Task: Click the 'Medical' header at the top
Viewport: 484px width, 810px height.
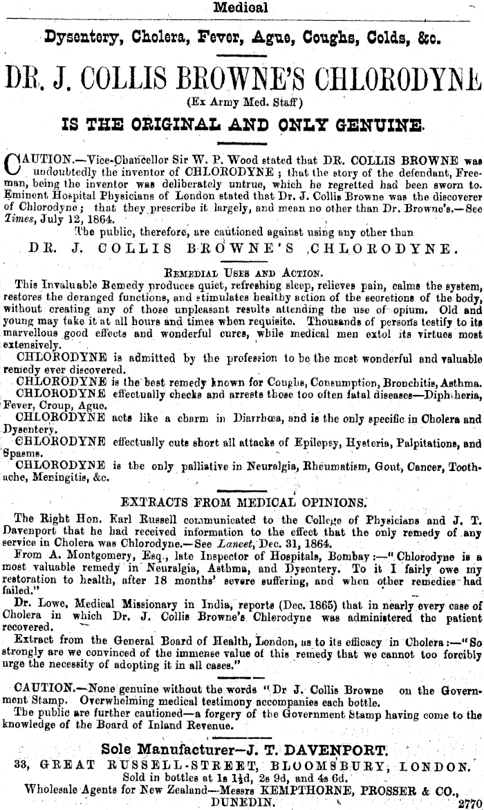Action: click(x=241, y=8)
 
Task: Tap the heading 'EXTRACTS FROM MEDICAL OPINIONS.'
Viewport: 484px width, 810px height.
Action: click(x=243, y=501)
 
